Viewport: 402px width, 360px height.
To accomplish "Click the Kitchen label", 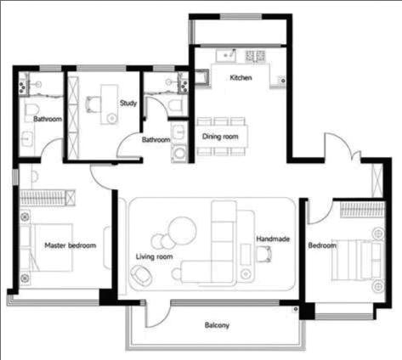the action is tap(241, 77).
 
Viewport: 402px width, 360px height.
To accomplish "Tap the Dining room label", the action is tap(220, 137).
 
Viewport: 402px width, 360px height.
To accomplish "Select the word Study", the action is tap(128, 103).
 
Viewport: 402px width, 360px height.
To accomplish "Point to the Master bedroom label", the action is tap(71, 245).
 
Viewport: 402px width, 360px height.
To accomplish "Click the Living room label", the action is tap(154, 256).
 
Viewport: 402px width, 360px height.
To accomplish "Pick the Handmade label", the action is tap(273, 239).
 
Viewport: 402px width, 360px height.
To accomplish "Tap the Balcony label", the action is tap(217, 325).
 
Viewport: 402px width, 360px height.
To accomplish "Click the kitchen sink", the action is tap(226, 55).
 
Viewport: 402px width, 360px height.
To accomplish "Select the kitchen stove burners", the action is tap(255, 56).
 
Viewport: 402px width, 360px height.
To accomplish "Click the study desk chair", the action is tap(93, 104).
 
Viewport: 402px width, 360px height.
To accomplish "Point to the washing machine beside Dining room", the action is tap(179, 154).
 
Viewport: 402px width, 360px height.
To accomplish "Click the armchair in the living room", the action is tap(141, 275).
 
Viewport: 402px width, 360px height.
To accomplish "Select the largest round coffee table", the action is tap(182, 231).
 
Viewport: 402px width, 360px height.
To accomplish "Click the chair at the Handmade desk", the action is tap(264, 254).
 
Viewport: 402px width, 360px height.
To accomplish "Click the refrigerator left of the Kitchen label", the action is tap(202, 76).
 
